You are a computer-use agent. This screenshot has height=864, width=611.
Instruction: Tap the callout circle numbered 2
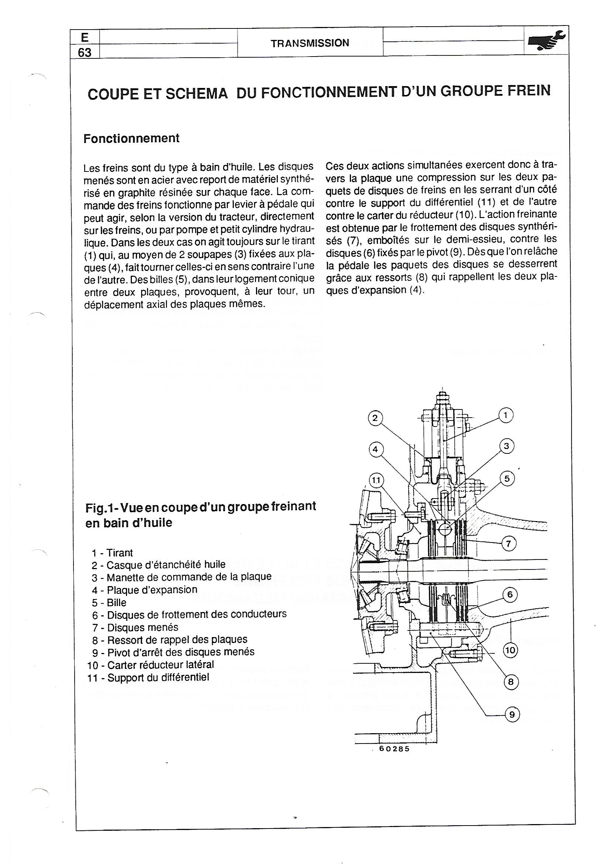pyautogui.click(x=375, y=418)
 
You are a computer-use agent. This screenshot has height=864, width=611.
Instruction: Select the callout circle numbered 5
pyautogui.click(x=507, y=479)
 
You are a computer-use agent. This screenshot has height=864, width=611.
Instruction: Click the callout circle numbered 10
pyautogui.click(x=511, y=650)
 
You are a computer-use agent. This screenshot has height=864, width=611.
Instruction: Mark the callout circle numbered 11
pyautogui.click(x=376, y=480)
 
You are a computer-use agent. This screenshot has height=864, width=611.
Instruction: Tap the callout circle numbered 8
pyautogui.click(x=511, y=682)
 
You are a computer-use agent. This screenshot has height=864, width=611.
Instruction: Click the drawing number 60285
pyautogui.click(x=394, y=748)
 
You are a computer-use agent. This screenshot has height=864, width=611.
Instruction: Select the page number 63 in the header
pyautogui.click(x=85, y=52)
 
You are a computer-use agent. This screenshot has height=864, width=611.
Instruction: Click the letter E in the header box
pyautogui.click(x=85, y=37)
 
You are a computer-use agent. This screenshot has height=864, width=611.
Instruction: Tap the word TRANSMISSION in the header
pyautogui.click(x=310, y=43)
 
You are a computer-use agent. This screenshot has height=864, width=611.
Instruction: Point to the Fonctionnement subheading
pyautogui.click(x=131, y=139)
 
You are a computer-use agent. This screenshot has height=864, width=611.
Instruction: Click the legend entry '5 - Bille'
pyautogui.click(x=109, y=602)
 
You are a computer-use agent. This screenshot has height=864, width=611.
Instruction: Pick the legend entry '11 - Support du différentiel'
pyautogui.click(x=148, y=677)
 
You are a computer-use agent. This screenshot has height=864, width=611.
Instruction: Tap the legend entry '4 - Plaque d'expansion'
pyautogui.click(x=144, y=590)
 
